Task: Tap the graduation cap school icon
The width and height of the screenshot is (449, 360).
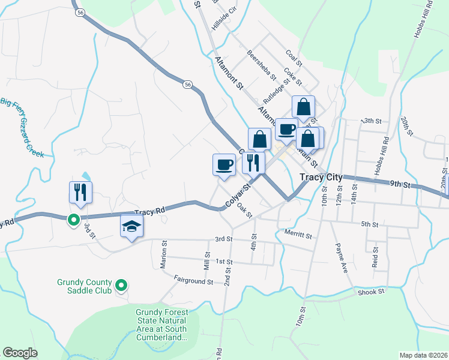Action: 133,226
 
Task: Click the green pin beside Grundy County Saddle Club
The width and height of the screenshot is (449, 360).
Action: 121,285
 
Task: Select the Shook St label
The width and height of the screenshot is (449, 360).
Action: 370,292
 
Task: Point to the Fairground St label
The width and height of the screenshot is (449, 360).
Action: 194,279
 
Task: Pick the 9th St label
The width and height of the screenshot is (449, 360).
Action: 399,184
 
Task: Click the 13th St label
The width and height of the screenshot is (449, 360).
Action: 371,121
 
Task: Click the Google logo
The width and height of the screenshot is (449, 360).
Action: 20,353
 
